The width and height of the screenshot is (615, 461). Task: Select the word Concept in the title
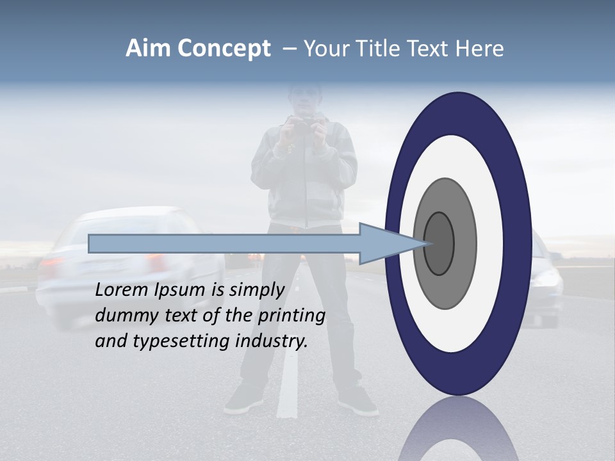224,49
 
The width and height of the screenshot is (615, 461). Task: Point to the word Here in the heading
480,49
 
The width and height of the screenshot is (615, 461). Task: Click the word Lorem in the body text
121,290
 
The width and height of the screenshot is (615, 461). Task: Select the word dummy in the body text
122,316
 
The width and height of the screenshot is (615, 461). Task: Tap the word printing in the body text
291,316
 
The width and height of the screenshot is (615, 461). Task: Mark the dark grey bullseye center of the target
439,244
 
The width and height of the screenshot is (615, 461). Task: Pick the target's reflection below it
458,432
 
